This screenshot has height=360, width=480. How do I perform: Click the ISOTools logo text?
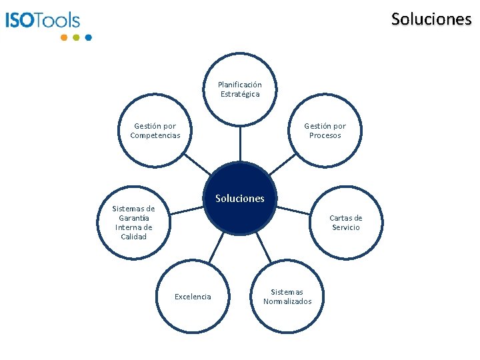pos(43,20)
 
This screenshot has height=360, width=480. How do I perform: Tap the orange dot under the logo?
pos(64,37)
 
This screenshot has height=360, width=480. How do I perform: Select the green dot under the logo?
pos(76,37)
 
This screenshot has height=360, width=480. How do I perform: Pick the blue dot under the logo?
pos(89,37)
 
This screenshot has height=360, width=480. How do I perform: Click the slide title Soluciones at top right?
pos(431,19)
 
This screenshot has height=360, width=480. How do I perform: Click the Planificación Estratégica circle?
pos(240,89)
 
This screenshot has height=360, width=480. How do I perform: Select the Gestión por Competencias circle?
pos(155,131)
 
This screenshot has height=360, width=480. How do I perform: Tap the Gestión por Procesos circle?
pos(325,131)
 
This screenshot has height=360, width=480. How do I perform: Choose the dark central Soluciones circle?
pos(240,198)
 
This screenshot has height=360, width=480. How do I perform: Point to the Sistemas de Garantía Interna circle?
pos(133,222)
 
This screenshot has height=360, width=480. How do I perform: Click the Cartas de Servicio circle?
pos(345,223)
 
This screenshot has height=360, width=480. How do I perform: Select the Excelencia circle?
pos(193,296)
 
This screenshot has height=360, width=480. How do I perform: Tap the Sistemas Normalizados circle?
pos(287,296)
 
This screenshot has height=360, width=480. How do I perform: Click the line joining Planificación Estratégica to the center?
pos(240,143)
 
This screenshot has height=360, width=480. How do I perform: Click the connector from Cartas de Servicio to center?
pos(293,210)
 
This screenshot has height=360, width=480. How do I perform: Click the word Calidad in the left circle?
pos(133,237)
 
